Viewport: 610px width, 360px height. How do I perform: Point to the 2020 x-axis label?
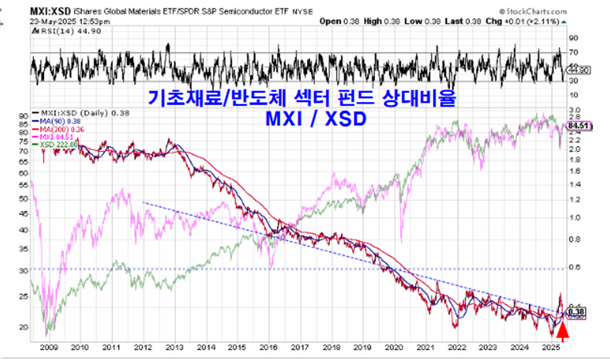tap(394, 348)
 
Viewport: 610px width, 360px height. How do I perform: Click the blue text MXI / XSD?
tap(316, 121)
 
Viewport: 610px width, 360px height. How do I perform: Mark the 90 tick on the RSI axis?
tap(573, 37)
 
